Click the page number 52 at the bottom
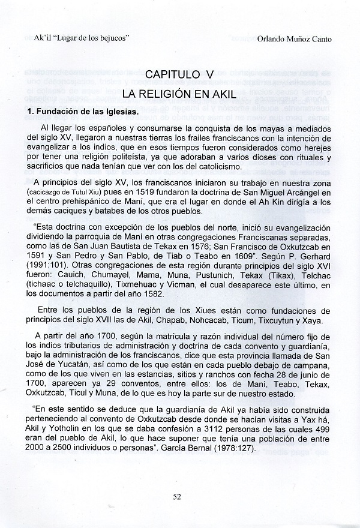pos(177,496)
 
